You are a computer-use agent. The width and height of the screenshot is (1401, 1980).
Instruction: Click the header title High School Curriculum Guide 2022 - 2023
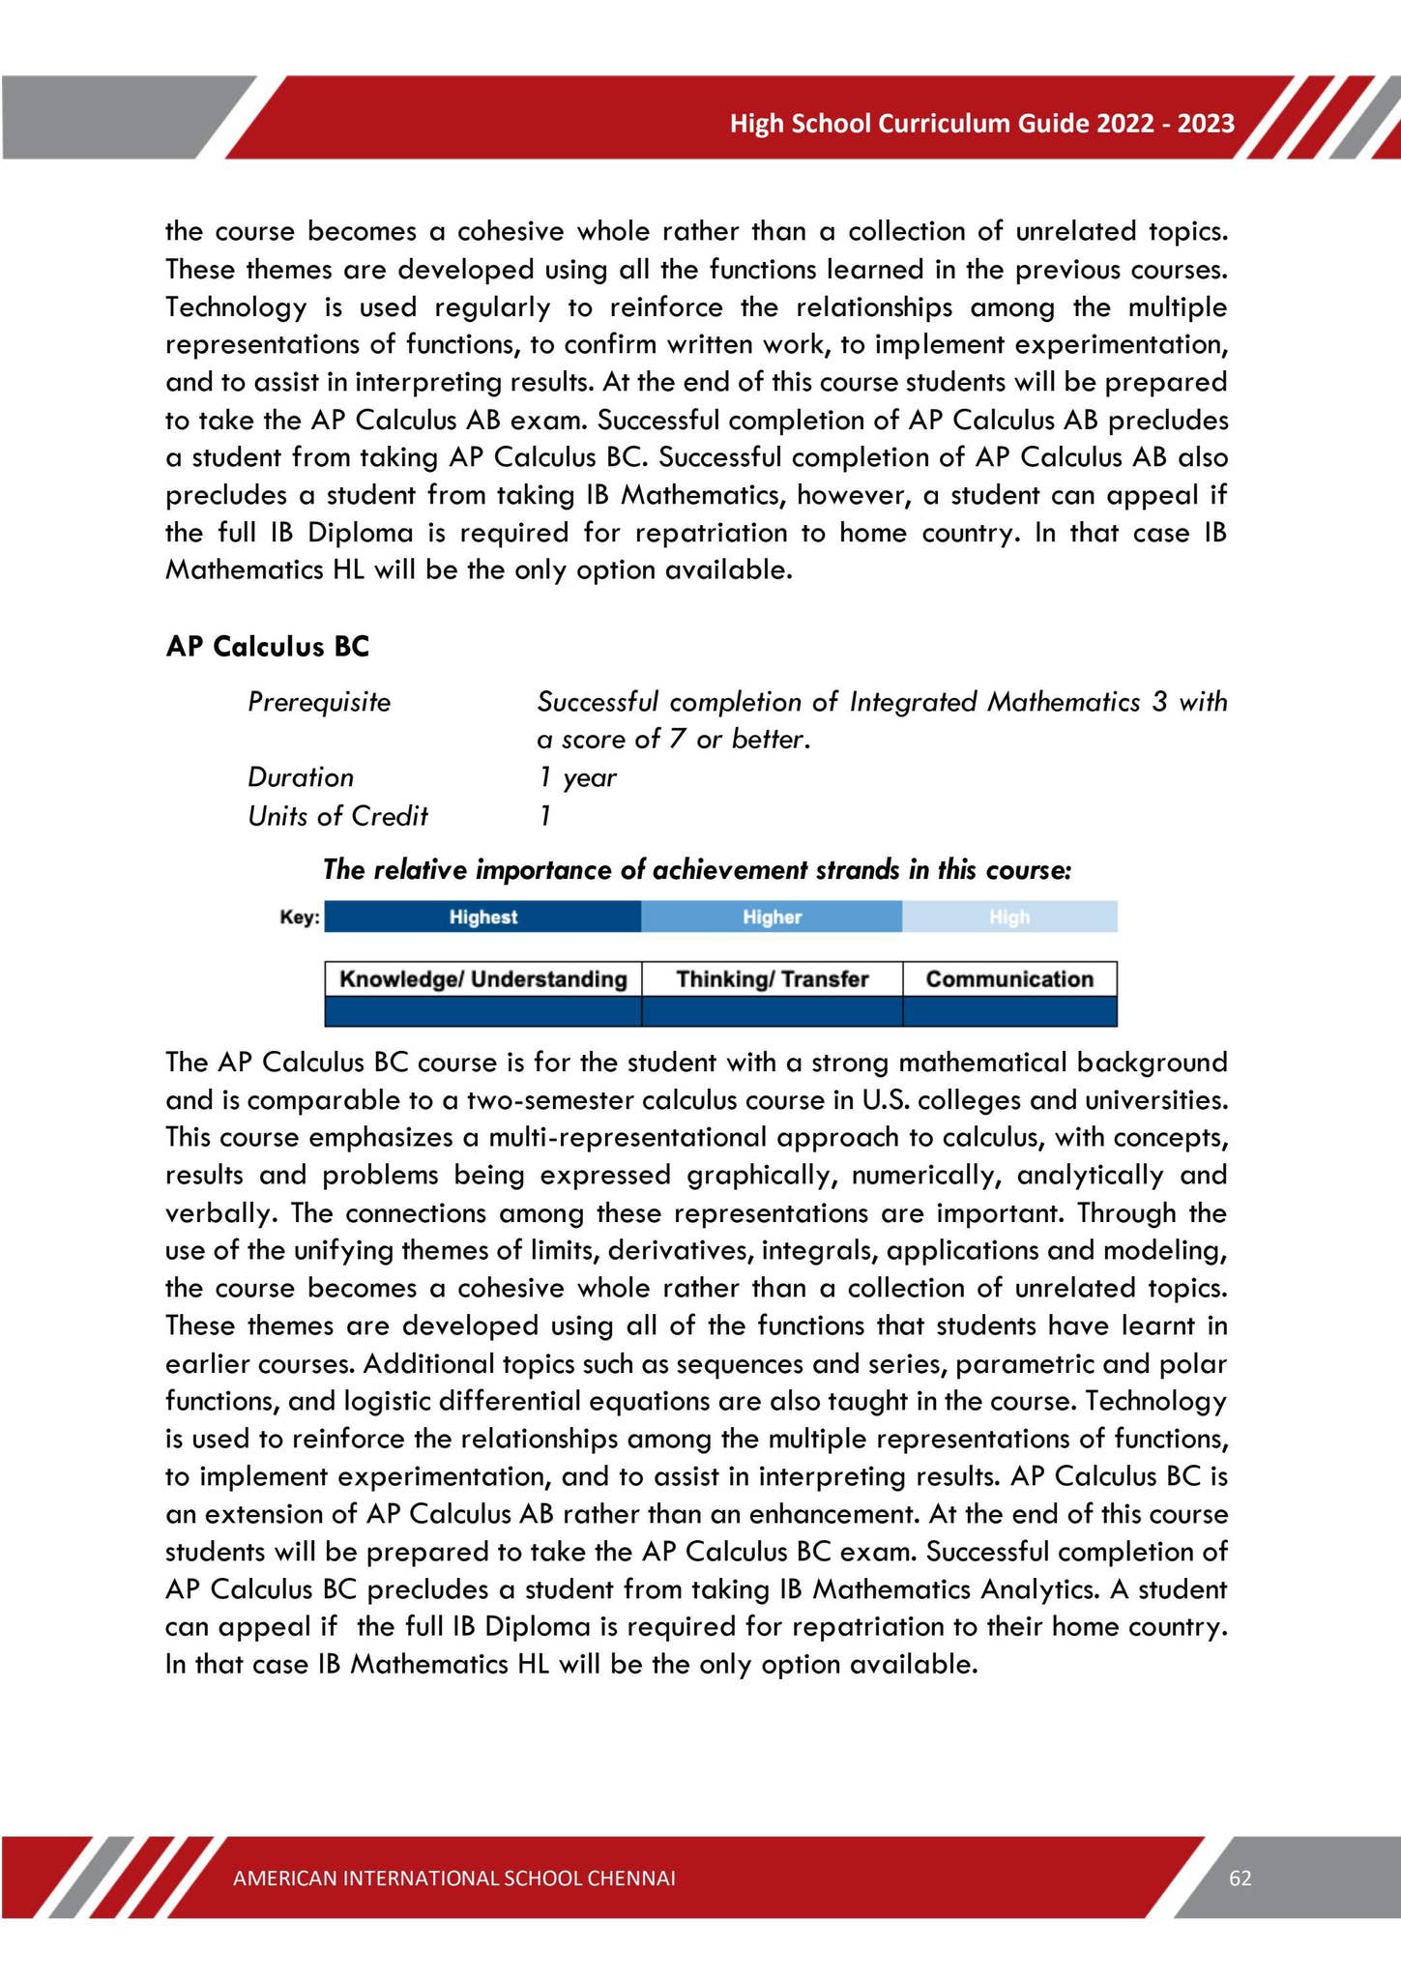click(x=981, y=124)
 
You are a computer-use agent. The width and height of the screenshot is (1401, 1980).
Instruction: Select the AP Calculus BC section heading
click(x=268, y=647)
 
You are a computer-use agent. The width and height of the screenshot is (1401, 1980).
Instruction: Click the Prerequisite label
click(x=319, y=702)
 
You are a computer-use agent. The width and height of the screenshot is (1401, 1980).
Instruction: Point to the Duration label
click(x=301, y=777)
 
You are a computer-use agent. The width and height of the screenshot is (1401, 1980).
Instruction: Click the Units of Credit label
click(x=337, y=816)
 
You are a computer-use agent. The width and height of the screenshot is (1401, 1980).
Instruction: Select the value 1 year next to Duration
click(x=577, y=777)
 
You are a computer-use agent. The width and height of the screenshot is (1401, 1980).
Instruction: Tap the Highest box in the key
click(x=482, y=917)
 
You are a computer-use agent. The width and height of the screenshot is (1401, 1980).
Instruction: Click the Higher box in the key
click(x=772, y=917)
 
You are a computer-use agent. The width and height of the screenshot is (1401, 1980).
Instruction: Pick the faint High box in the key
click(x=1009, y=917)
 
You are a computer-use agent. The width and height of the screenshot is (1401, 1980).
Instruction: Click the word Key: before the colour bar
click(x=299, y=917)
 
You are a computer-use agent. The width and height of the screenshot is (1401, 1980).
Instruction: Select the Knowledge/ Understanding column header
click(x=482, y=979)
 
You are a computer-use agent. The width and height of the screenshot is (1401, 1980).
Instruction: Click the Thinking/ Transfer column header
click(x=772, y=979)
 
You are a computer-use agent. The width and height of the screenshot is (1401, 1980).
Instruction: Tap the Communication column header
click(x=1009, y=979)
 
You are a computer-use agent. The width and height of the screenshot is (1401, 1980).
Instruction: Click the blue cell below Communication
click(x=1009, y=1011)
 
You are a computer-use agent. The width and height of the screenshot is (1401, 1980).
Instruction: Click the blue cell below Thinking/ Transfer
click(x=772, y=1011)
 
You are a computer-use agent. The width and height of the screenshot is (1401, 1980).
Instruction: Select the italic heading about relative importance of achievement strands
click(x=696, y=870)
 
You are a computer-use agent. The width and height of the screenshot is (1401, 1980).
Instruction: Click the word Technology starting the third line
click(x=236, y=307)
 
